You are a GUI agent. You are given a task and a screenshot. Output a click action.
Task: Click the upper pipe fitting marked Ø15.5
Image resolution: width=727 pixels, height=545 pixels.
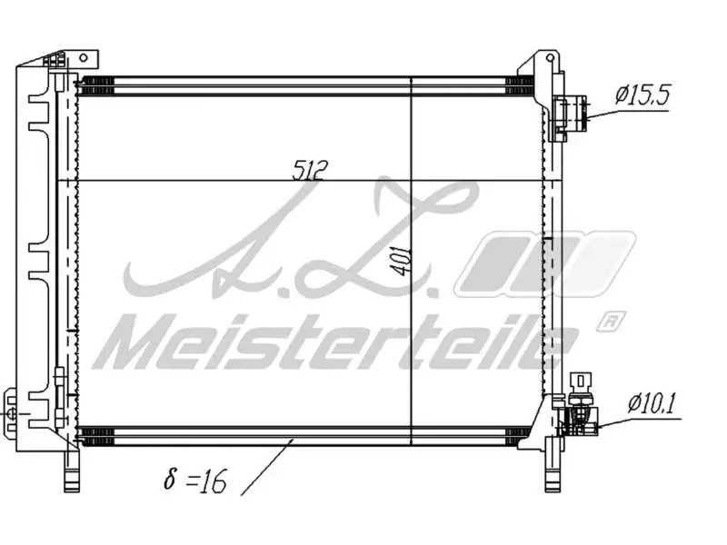(x=571, y=114)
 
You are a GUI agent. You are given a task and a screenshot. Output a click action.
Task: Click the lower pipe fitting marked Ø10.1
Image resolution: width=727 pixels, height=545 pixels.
(x=579, y=419)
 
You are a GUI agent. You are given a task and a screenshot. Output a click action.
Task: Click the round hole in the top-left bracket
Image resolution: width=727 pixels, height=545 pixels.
(x=83, y=57)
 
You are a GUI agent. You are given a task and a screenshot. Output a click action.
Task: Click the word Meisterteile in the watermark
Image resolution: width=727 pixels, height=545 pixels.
(x=336, y=342)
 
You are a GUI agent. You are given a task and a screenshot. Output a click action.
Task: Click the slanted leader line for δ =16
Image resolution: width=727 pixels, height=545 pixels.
(x=268, y=465)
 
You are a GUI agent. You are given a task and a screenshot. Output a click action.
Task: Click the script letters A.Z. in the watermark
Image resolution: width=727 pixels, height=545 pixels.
(x=300, y=241)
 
